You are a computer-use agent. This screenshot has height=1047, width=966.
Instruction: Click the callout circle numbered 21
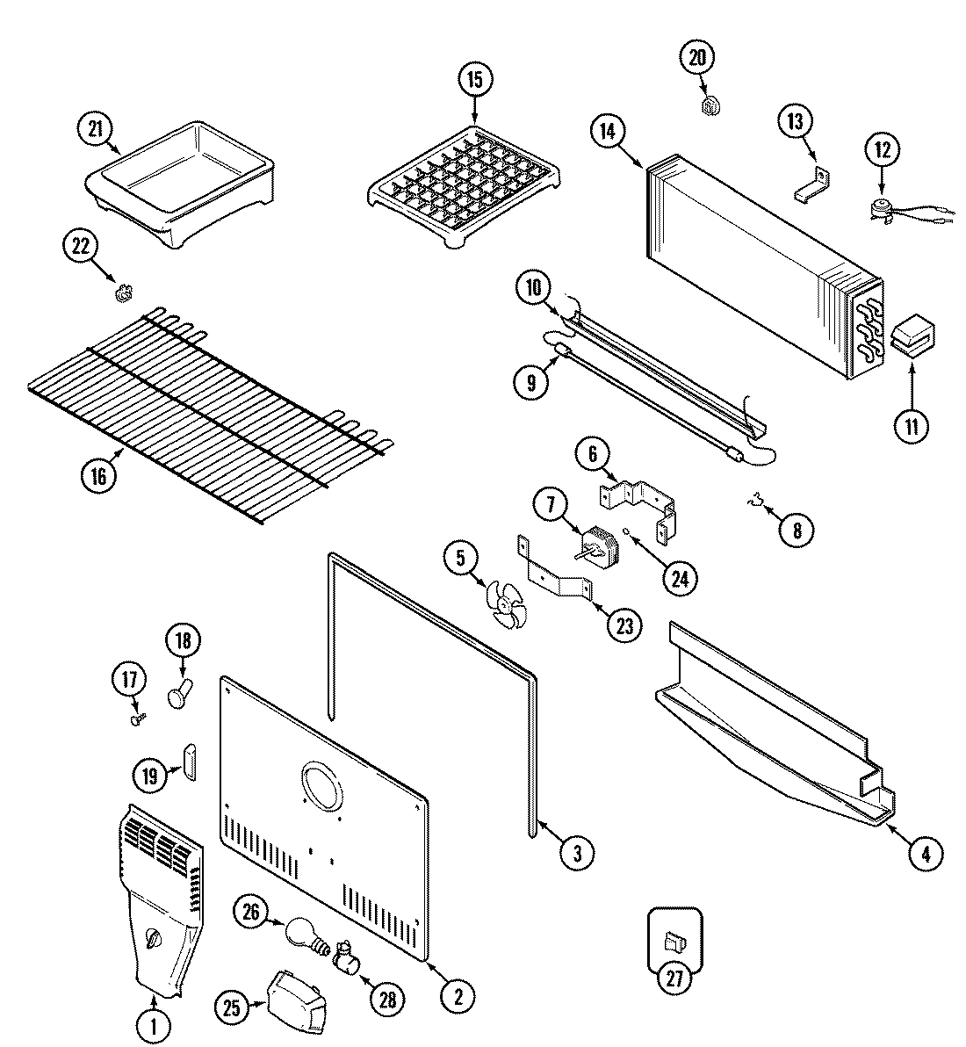(x=94, y=128)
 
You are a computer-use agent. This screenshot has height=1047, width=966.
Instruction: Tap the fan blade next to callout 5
(x=507, y=607)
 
